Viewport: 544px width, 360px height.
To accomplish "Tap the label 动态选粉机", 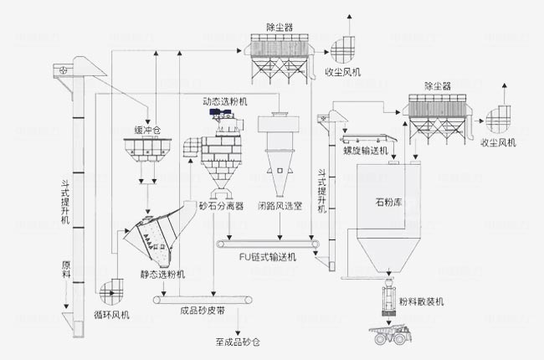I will click(x=224, y=101).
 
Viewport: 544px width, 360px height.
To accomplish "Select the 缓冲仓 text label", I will click(x=148, y=131).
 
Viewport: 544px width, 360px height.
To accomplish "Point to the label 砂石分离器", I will click(x=219, y=205).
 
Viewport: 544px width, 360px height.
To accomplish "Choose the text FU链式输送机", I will click(x=268, y=257).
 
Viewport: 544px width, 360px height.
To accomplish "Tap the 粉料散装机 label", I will click(x=421, y=301).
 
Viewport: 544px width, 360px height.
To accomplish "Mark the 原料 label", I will click(x=67, y=271).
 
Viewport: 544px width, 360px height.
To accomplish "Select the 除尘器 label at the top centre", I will click(x=278, y=27).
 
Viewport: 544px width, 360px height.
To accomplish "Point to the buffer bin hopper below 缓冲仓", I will click(x=148, y=152).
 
